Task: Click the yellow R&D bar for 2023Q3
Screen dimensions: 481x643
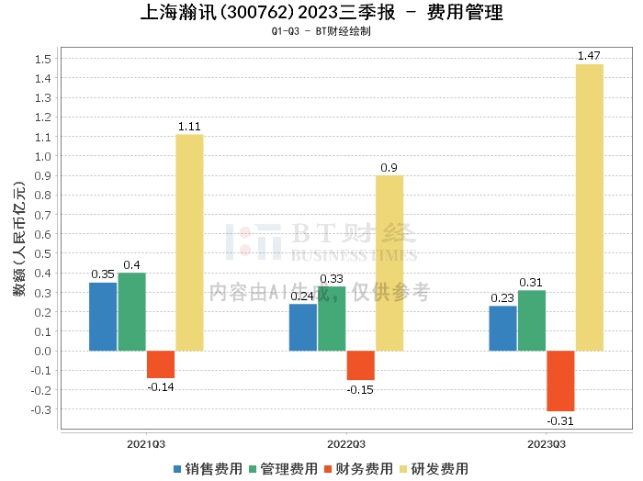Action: [589, 207]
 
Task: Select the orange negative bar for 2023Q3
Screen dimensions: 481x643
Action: [560, 381]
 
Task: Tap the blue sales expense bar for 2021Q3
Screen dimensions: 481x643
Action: [103, 317]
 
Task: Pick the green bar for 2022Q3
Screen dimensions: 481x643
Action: [332, 319]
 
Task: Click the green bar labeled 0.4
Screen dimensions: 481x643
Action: [131, 312]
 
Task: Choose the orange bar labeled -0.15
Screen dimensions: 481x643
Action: [360, 365]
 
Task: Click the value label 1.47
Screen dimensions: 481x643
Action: [589, 57]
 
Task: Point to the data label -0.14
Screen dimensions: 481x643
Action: [161, 386]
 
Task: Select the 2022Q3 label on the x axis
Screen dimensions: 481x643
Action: [345, 443]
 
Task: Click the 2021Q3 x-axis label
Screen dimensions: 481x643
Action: [146, 443]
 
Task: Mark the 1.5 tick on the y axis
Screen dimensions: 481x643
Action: [42, 60]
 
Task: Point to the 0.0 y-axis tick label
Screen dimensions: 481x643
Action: [42, 351]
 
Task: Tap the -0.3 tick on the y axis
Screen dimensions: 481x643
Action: [40, 409]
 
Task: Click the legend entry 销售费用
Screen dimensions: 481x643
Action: [207, 468]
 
